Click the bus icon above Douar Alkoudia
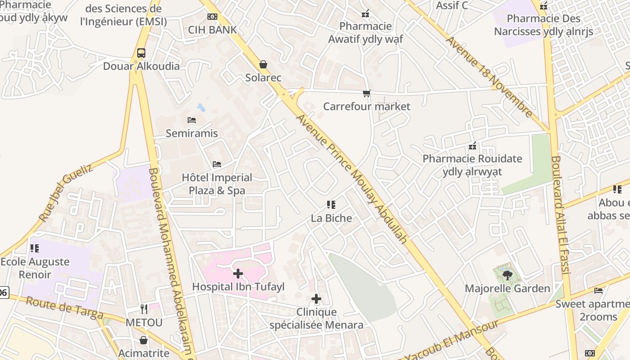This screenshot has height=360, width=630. (x=141, y=53)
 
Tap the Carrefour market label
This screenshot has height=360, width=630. (x=367, y=107)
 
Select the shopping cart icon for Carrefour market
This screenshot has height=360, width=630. (x=367, y=94)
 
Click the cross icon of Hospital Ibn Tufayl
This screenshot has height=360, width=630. (x=238, y=273)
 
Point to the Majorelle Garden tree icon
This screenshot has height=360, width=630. (x=507, y=275)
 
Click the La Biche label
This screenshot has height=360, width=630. (x=332, y=218)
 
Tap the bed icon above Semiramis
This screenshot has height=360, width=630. (x=192, y=120)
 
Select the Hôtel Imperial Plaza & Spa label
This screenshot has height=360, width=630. (x=217, y=184)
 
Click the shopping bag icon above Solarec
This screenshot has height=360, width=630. (x=263, y=65)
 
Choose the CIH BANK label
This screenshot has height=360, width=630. (x=212, y=30)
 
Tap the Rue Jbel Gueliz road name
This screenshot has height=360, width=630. (x=66, y=193)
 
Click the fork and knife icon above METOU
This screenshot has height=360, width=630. (x=144, y=309)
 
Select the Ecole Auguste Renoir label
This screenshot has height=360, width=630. (x=35, y=268)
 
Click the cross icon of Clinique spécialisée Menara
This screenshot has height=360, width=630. (x=316, y=298)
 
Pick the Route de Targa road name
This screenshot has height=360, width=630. (x=65, y=308)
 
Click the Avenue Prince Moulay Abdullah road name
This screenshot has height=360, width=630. (x=352, y=179)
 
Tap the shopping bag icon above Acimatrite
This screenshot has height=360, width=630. (x=144, y=340)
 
